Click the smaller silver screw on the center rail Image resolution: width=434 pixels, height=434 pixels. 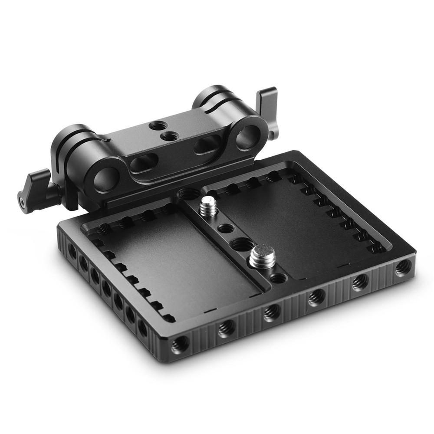(208, 206)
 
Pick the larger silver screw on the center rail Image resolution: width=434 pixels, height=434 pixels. (260, 257)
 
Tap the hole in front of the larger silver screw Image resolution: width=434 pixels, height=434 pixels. (278, 278)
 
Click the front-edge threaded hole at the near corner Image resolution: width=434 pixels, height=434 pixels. (179, 345)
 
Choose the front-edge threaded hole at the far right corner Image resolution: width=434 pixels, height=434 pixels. (402, 267)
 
